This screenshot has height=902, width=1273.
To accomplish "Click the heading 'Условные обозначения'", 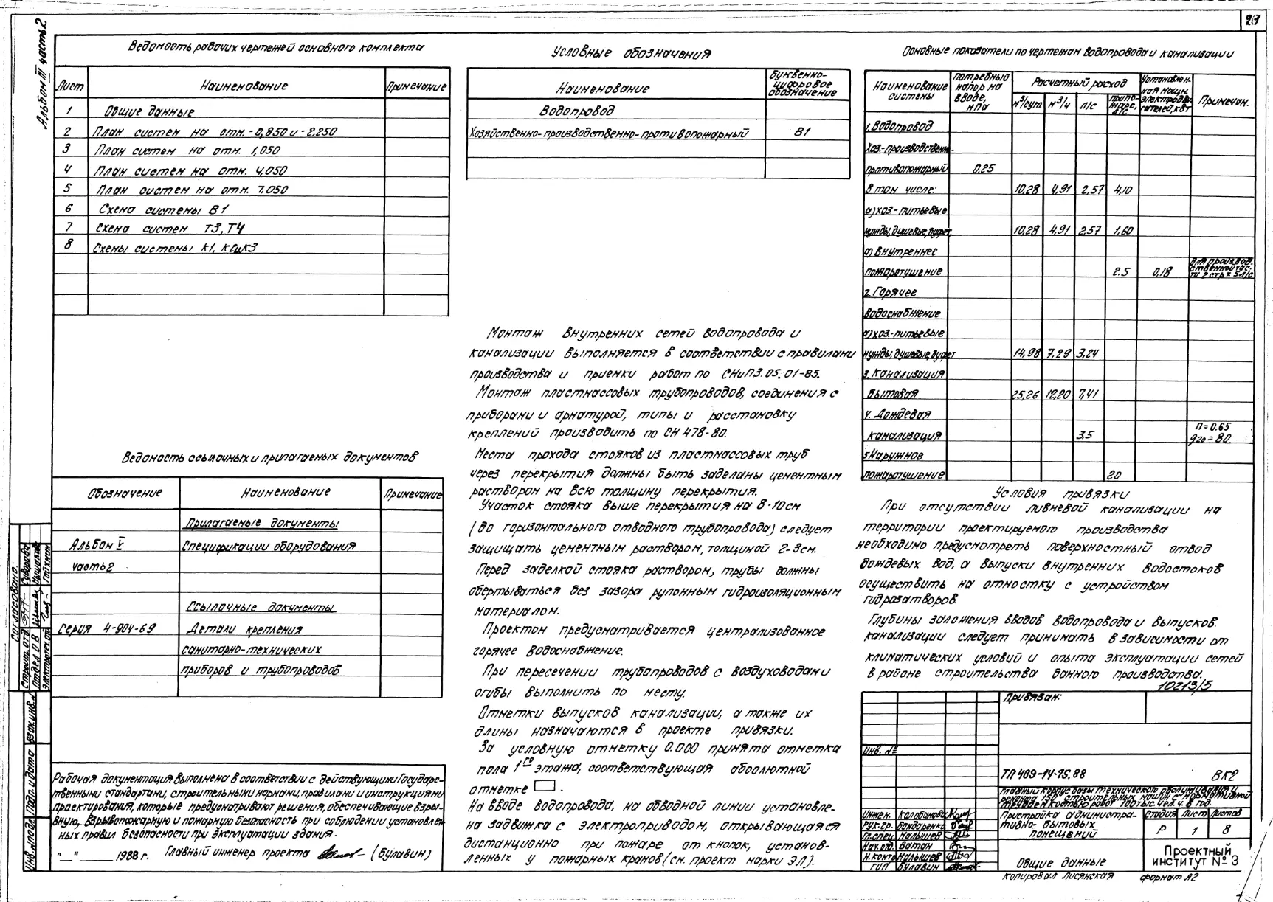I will [631, 53].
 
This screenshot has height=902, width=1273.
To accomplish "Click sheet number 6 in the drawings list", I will [67, 209].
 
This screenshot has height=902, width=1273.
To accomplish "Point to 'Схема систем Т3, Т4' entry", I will [169, 228].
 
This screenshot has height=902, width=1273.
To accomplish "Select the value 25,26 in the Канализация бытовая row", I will [1026, 395].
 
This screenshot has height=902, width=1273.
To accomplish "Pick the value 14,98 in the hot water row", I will [1027, 354].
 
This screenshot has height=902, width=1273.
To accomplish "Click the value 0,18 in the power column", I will [1163, 272].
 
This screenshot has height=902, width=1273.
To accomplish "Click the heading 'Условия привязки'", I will [1061, 493].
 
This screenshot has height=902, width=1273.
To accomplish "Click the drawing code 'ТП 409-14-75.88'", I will [1044, 774].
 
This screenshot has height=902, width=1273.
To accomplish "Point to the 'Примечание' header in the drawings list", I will [416, 87].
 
